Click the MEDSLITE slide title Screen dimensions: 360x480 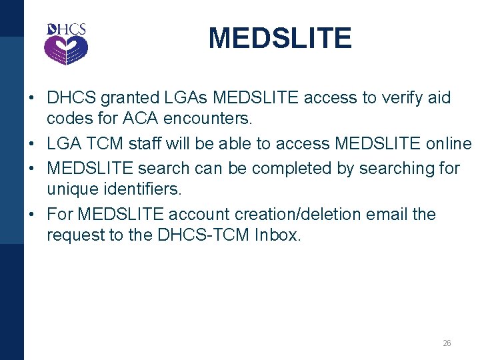point(279,38)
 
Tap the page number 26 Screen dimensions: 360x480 point(447,343)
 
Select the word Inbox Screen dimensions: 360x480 point(277,235)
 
